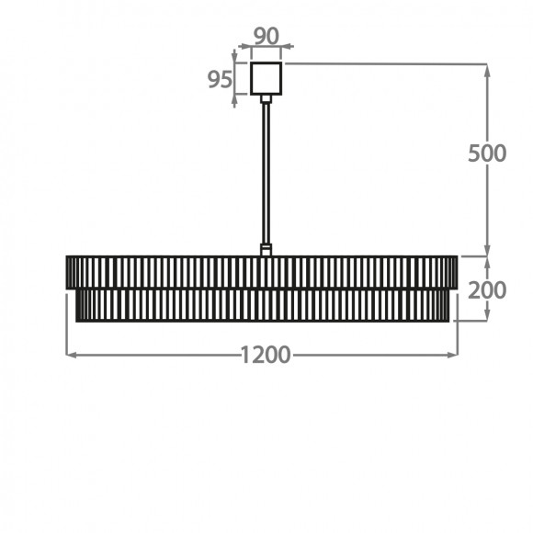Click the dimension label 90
coord(266,36)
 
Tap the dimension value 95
coord(220,80)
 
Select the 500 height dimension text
coord(487,153)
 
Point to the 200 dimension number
coord(487,290)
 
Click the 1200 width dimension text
coord(266,355)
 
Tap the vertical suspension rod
coord(266,174)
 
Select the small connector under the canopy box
coord(266,99)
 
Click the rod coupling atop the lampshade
coord(266,250)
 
